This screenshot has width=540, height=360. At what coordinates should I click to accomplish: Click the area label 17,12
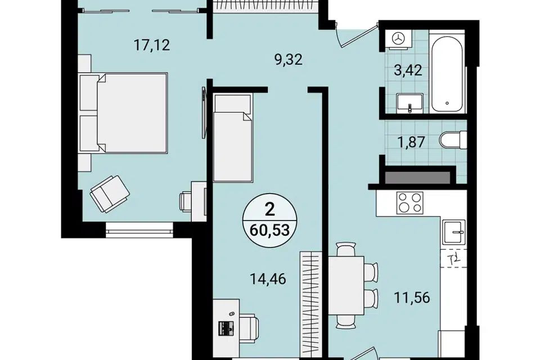151,45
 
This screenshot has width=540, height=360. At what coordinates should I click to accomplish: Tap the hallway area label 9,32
288,60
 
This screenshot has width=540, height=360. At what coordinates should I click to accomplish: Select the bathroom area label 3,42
408,70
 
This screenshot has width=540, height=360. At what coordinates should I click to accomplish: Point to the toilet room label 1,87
411,142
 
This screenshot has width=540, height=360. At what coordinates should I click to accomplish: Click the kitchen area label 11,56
412,298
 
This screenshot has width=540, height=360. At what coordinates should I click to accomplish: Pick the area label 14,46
268,279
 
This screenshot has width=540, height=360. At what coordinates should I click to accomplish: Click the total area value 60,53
269,230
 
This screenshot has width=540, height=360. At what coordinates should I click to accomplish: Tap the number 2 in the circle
269,209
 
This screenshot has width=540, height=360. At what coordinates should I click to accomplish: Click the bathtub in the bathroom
447,74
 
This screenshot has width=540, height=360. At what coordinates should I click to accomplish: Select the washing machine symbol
399,39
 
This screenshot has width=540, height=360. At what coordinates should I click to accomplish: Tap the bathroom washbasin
409,103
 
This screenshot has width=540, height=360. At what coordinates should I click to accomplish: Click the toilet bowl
453,140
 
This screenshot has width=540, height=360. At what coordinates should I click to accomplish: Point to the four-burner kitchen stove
410,202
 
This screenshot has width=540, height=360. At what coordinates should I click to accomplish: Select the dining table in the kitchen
346,285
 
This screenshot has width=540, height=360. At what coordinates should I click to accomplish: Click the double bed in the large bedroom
124,113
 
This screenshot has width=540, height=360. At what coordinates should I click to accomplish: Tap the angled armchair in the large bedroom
110,193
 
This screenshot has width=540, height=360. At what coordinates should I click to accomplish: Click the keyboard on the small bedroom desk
226,328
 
